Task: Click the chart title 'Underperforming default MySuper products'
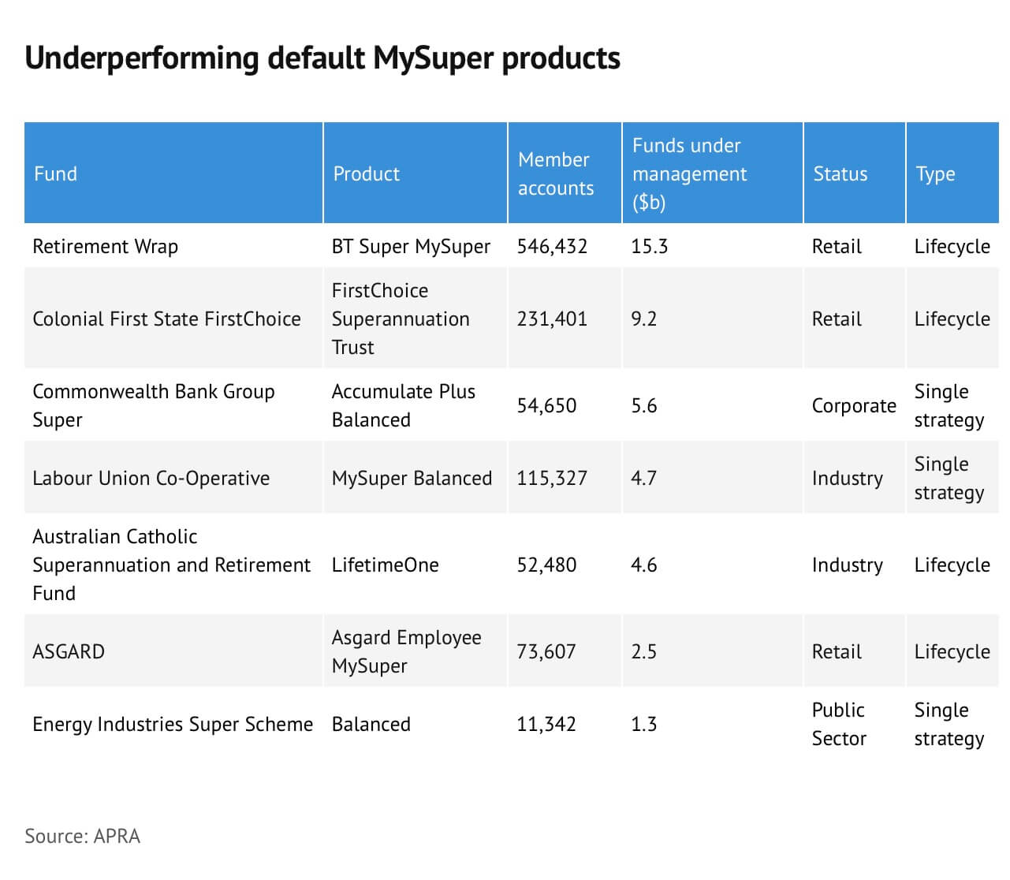click(x=322, y=58)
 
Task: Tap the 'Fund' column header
click(x=55, y=173)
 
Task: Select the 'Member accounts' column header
click(x=555, y=173)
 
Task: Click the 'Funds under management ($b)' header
click(x=689, y=173)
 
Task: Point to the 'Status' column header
click(x=840, y=173)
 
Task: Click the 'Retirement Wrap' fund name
click(x=105, y=247)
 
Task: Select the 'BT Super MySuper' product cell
click(x=411, y=247)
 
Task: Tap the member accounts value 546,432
click(x=552, y=247)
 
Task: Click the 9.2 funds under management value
click(x=643, y=319)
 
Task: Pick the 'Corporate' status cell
click(x=854, y=406)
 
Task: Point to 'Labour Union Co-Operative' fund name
click(x=151, y=479)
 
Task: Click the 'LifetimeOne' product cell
click(x=385, y=565)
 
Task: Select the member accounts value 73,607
click(x=546, y=652)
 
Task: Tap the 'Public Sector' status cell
click(x=839, y=724)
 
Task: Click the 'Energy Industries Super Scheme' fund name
click(x=173, y=725)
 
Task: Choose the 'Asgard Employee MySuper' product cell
click(x=406, y=652)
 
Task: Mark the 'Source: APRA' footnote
click(x=83, y=836)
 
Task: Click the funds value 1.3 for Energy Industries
click(x=643, y=725)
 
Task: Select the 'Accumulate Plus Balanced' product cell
click(x=404, y=405)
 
